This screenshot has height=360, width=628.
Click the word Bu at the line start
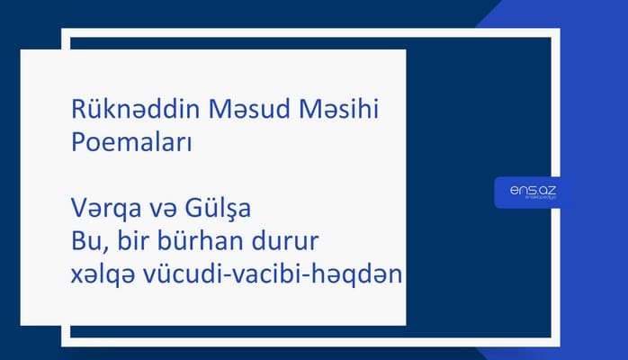click(x=84, y=241)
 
